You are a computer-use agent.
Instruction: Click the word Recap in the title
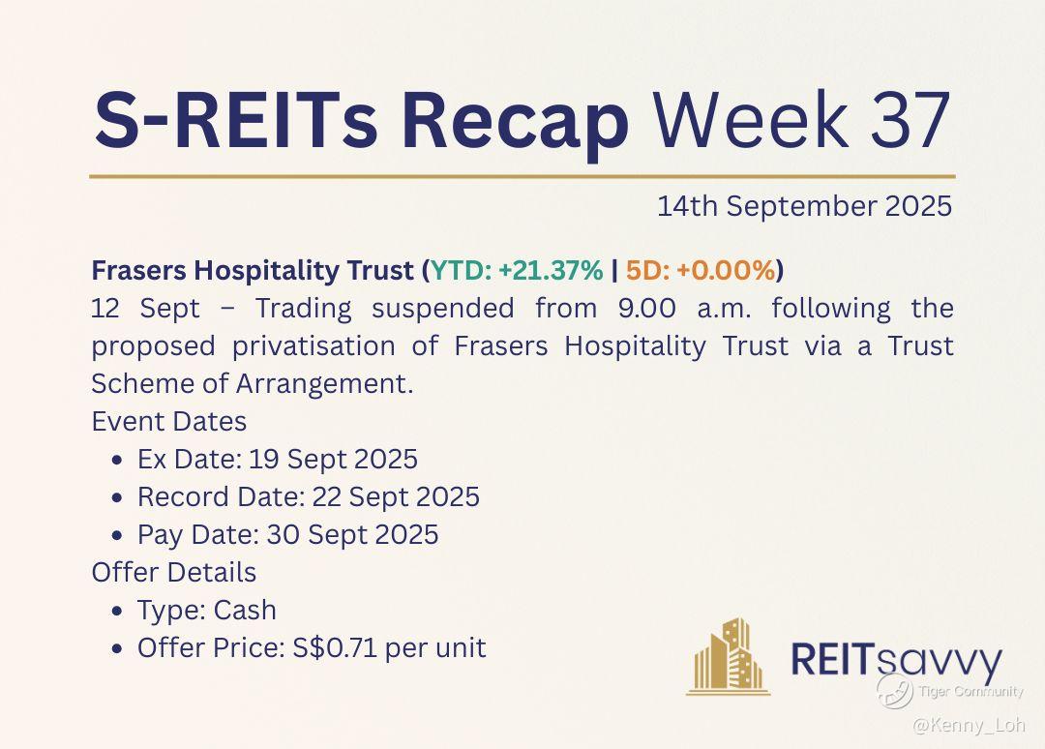click(x=515, y=123)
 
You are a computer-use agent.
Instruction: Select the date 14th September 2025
click(x=804, y=206)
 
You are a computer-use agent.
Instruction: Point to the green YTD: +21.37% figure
click(x=517, y=270)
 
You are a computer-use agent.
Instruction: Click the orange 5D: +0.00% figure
click(x=701, y=270)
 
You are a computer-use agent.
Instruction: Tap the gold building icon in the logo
click(x=728, y=656)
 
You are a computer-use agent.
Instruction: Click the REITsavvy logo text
click(x=896, y=659)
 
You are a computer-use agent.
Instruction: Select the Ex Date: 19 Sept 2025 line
click(x=278, y=459)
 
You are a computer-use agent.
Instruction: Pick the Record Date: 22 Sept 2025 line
click(x=309, y=497)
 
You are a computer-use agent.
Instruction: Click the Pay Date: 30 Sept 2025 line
click(x=288, y=535)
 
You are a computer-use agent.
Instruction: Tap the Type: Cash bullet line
click(x=207, y=611)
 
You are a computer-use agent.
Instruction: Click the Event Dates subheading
click(x=169, y=422)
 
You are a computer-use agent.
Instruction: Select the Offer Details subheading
click(x=174, y=573)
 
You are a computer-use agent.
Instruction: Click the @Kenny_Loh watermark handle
click(x=969, y=725)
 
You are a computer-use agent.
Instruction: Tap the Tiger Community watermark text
click(x=970, y=691)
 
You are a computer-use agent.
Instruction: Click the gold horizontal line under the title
click(x=522, y=176)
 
